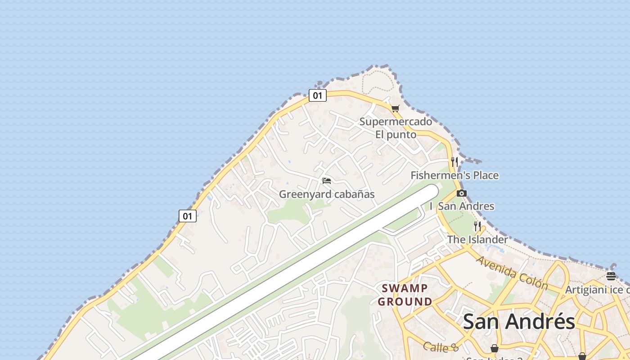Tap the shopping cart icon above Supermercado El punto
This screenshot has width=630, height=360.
tap(395, 108)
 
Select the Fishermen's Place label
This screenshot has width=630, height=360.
tap(454, 175)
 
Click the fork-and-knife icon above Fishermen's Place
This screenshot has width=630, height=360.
tap(454, 162)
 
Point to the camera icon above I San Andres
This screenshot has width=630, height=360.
tap(461, 193)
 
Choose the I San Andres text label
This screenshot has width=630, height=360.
tap(462, 206)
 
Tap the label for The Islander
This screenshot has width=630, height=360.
tap(477, 239)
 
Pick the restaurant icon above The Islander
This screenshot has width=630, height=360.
tap(477, 226)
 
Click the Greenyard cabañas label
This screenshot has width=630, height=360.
tap(327, 194)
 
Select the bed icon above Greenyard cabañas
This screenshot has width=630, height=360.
tap(327, 181)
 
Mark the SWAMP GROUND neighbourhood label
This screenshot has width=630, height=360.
tap(405, 295)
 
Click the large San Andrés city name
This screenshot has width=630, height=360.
tap(518, 321)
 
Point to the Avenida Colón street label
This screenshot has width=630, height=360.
tap(512, 273)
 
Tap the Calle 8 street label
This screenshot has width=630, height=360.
tap(441, 347)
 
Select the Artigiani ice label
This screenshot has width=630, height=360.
tap(597, 290)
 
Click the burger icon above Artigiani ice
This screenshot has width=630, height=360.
tap(611, 276)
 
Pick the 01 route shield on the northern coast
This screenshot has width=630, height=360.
tap(317, 95)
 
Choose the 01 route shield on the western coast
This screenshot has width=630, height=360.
tap(187, 216)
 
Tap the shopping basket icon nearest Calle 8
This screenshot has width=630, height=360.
tap(494, 348)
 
